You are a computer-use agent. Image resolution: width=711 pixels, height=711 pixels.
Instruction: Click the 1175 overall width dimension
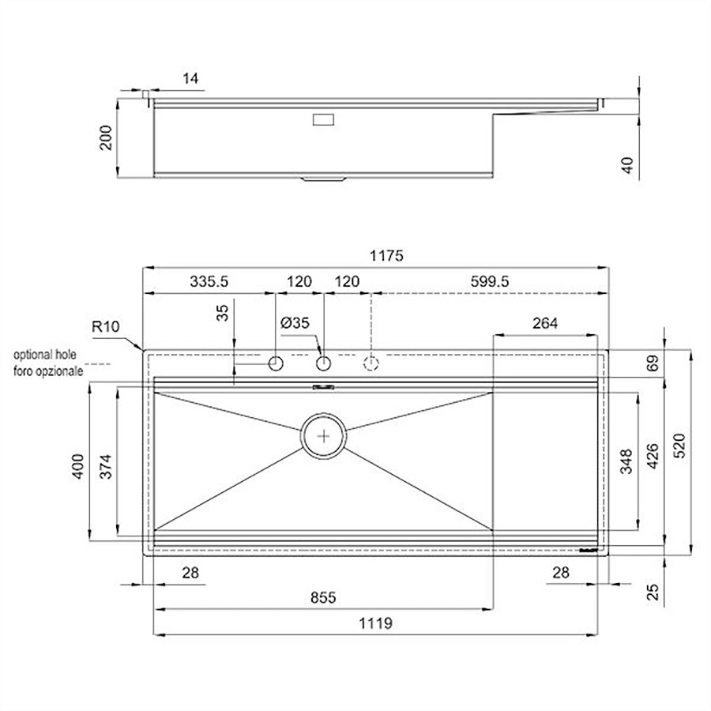(386, 256)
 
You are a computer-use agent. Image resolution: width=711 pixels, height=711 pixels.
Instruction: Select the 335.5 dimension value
(209, 281)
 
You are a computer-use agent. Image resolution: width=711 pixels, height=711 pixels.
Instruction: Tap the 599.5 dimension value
(490, 281)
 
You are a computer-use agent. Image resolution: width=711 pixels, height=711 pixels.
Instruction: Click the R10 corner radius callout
(106, 326)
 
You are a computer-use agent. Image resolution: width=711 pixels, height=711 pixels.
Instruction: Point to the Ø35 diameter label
(295, 323)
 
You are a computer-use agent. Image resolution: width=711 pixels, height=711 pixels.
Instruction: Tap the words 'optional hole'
(45, 355)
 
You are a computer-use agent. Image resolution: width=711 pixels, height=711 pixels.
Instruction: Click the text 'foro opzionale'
(48, 371)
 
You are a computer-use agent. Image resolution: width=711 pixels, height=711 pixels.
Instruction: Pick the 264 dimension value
(545, 323)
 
